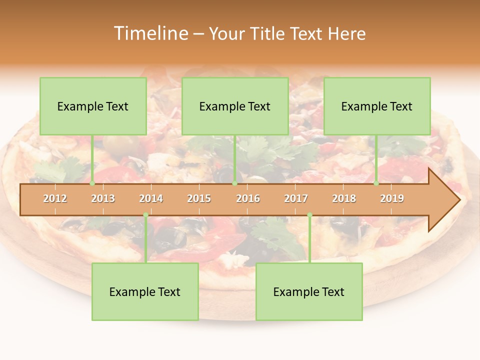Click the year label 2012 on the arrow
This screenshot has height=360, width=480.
coord(55,198)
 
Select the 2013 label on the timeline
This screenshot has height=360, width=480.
coord(103,198)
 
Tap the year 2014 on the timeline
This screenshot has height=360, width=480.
coord(151,198)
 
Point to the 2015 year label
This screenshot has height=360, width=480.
coord(199,198)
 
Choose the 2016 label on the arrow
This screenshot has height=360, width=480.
coord(248,198)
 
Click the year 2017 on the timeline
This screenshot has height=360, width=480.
coord(296,198)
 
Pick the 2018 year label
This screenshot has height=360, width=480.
coord(344,198)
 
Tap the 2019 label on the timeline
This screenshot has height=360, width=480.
coord(392,198)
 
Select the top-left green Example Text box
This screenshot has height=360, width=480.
coord(93,106)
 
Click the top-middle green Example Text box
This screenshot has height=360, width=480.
coord(235,106)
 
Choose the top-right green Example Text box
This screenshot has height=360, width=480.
coord(377,106)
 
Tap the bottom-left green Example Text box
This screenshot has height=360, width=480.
coord(145,292)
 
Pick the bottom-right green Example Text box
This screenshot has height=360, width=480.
coord(309,292)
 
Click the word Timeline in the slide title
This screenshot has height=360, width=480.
coord(150,33)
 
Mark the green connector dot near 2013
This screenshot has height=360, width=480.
coord(92,183)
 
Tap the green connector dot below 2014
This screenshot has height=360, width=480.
coord(145,215)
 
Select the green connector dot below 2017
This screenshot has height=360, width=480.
coord(309,215)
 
